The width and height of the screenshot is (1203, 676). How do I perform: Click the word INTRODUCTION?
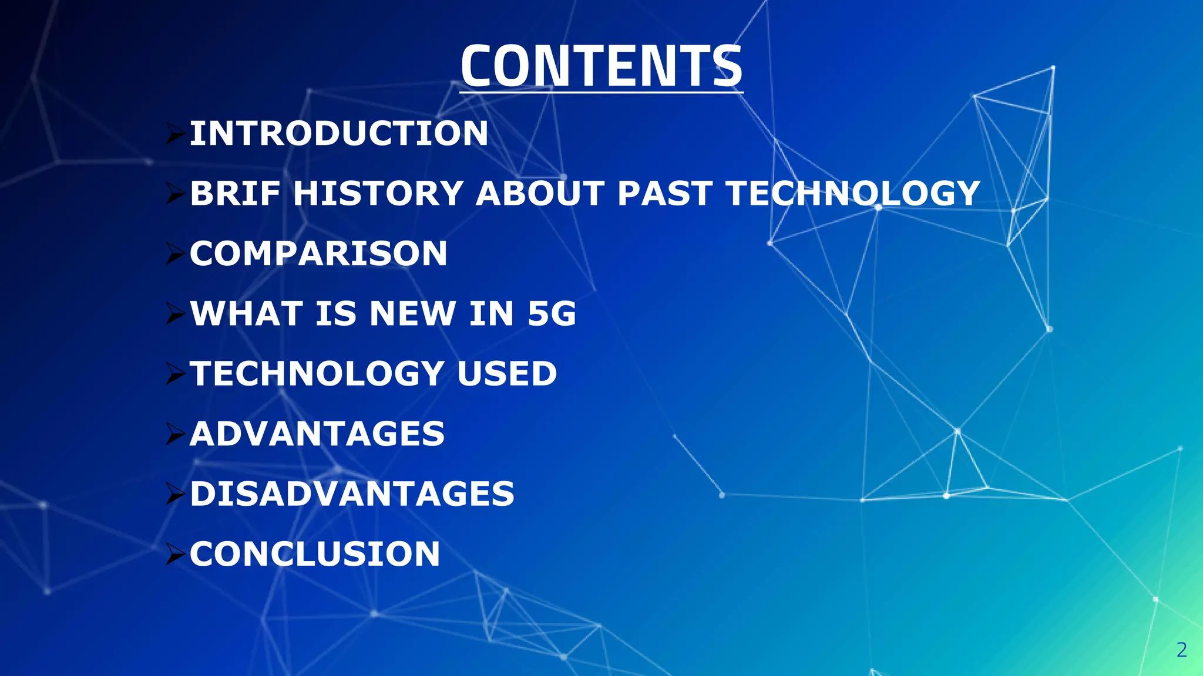[x=339, y=133]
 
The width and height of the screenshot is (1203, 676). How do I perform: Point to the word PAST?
[x=665, y=193]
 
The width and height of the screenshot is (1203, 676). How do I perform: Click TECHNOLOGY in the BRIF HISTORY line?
[x=853, y=193]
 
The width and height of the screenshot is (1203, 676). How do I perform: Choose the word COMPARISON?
[x=318, y=253]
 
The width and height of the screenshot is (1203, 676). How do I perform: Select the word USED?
[x=506, y=373]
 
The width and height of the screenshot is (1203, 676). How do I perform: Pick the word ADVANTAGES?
[x=317, y=434]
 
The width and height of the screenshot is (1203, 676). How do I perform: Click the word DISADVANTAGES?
[x=352, y=494]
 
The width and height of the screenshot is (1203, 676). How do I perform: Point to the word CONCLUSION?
[x=315, y=554]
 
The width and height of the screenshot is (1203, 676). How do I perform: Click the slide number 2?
[x=1182, y=650]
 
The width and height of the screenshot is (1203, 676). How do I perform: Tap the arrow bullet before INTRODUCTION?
[x=175, y=134]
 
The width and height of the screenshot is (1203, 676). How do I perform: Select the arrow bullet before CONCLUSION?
[x=175, y=555]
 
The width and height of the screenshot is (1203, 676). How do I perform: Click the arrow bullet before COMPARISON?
[x=175, y=254]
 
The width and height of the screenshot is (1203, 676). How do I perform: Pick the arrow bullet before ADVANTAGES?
[x=175, y=434]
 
